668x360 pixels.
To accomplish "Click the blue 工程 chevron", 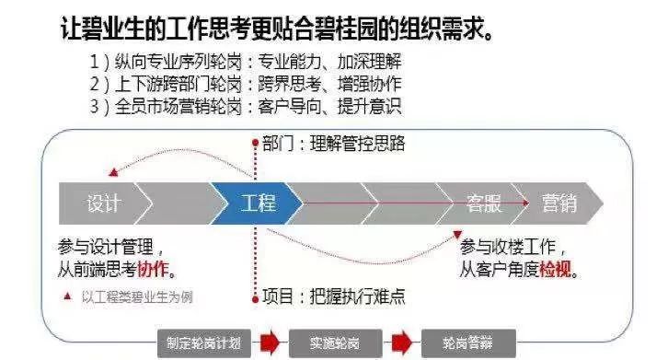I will pyautogui.click(x=258, y=203).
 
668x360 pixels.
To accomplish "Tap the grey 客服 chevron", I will pyautogui.click(x=482, y=203).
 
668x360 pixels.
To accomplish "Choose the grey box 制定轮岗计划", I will pyautogui.click(x=204, y=342).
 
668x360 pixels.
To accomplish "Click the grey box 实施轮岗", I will pyautogui.click(x=335, y=342).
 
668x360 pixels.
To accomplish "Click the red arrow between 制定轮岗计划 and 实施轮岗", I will pyautogui.click(x=270, y=342).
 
